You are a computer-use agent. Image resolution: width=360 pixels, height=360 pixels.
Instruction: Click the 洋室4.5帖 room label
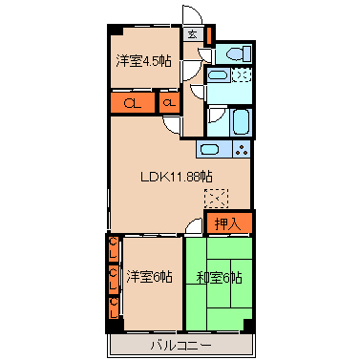click(144, 62)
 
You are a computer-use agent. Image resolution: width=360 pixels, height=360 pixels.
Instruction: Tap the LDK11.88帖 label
click(177, 178)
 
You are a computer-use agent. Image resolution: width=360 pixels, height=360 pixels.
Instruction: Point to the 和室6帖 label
click(219, 277)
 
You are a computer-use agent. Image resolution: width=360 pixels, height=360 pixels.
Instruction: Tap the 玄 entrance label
click(192, 34)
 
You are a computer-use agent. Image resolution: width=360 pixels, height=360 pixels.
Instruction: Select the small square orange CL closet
click(169, 102)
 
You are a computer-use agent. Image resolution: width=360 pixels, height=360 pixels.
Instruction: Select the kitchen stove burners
click(241, 149)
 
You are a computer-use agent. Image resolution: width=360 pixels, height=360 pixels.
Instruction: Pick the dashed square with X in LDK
click(217, 199)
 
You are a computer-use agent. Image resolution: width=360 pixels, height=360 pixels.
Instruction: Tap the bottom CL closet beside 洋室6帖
click(113, 307)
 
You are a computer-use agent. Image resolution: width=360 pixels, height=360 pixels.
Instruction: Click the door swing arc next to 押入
click(195, 225)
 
